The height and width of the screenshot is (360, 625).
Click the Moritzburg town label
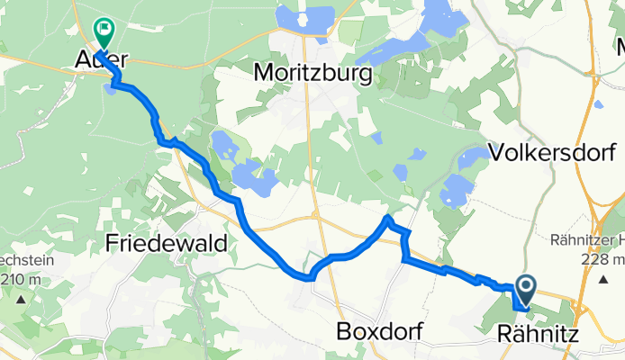coord(313,71)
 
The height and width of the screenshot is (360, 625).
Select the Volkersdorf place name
coord(546,151)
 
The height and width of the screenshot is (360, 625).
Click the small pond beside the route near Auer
coord(111,86)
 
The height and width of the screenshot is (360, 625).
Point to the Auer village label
coord(100,60)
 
